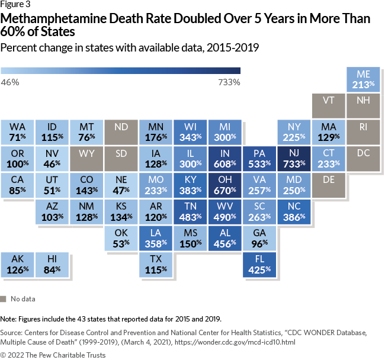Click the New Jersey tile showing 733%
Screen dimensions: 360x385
(x=294, y=159)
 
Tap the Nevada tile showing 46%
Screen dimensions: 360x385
(x=52, y=159)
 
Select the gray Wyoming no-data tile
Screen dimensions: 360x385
(x=86, y=159)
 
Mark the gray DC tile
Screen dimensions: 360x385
(x=364, y=159)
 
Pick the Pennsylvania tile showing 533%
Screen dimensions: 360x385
(x=260, y=159)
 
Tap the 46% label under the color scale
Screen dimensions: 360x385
(x=10, y=82)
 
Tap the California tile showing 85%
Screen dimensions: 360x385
(x=17, y=186)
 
